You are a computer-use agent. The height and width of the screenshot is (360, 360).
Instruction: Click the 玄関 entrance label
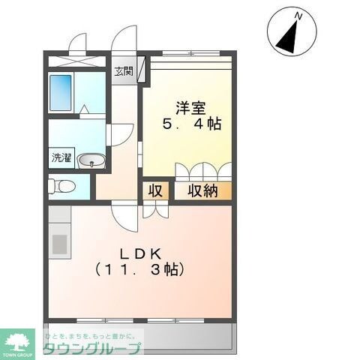coord(124,73)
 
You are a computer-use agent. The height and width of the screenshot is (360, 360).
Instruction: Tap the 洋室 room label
coord(187,106)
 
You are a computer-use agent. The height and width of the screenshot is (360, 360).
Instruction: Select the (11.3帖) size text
coord(140,268)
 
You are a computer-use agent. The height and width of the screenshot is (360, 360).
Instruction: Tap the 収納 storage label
coord(202,190)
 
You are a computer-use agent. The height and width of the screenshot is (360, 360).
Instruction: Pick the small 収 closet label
coord(155,190)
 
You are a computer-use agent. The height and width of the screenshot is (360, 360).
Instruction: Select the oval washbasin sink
coord(92,159)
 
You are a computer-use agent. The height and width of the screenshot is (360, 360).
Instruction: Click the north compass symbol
coord(289,31)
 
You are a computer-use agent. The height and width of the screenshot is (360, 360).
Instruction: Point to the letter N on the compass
coord(298,15)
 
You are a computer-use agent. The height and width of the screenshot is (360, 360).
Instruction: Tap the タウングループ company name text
coord(91,349)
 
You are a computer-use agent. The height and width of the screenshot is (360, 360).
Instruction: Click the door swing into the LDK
coord(124,215)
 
